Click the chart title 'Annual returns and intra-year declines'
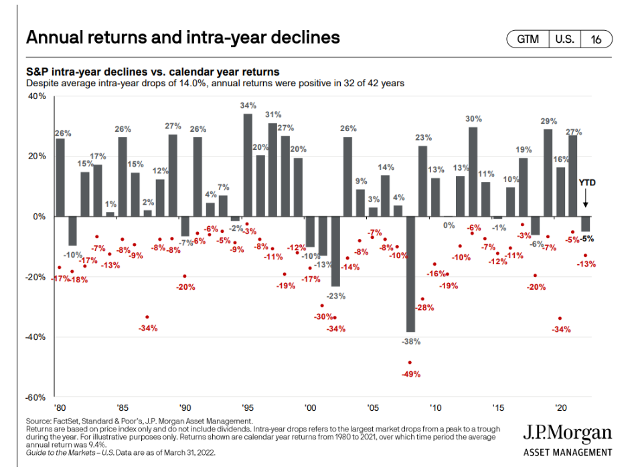[182, 37]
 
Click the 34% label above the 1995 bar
[248, 106]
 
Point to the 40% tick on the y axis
[36, 96]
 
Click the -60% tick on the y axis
[35, 397]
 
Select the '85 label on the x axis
[123, 407]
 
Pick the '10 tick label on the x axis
[435, 407]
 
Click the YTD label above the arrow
[586, 182]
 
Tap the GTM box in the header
[528, 39]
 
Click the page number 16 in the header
[596, 39]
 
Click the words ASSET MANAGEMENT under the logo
[567, 452]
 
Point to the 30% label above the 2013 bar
[473, 119]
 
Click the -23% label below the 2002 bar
[335, 296]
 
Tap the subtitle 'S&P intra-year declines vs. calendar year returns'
[152, 72]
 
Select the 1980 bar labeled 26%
[60, 177]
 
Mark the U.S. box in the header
[564, 39]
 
